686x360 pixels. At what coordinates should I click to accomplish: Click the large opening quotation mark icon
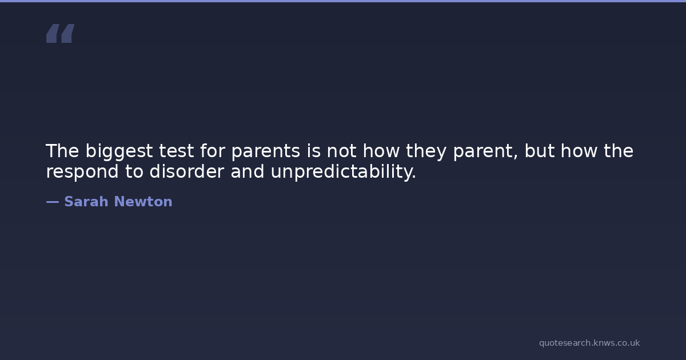click(x=61, y=33)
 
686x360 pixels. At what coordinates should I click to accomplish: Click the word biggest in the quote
click(x=119, y=151)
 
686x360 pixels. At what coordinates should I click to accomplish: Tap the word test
click(x=177, y=151)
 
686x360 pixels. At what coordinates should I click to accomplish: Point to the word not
click(x=341, y=151)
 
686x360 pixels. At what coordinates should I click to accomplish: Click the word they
click(x=426, y=151)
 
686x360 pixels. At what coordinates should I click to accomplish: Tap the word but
click(x=539, y=151)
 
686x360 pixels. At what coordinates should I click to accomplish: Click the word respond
click(x=82, y=172)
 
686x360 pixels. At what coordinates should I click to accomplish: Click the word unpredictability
click(x=344, y=172)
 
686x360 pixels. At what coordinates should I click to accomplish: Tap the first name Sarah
click(x=86, y=202)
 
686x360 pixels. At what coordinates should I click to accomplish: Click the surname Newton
click(x=143, y=202)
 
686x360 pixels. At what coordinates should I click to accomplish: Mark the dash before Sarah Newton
click(x=53, y=202)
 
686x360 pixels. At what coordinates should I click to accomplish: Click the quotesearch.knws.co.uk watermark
click(x=589, y=343)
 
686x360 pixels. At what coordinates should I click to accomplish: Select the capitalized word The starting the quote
click(x=62, y=151)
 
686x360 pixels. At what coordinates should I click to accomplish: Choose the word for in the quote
click(x=213, y=151)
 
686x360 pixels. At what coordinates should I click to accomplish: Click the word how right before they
click(x=381, y=151)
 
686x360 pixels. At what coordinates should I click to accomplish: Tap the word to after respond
click(x=134, y=172)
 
